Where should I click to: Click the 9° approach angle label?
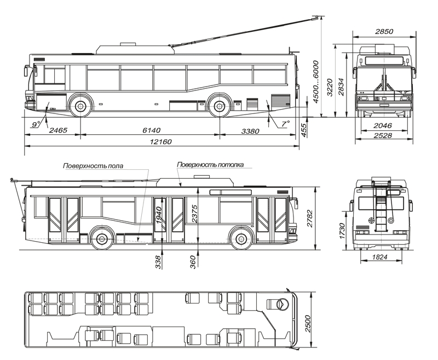click(36, 124)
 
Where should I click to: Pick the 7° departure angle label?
click(285, 124)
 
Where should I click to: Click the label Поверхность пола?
click(93, 165)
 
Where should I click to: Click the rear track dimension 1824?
click(382, 258)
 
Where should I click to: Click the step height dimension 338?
click(159, 264)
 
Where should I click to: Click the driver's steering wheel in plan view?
click(281, 304)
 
